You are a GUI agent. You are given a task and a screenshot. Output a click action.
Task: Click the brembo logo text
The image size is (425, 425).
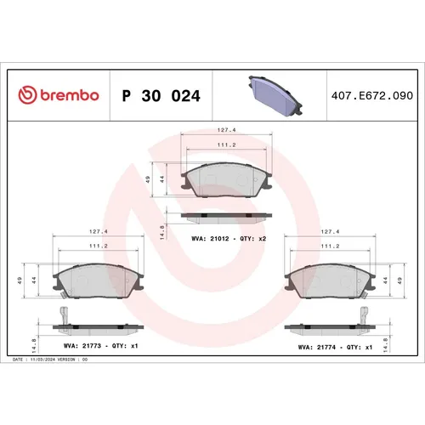tap(59, 96)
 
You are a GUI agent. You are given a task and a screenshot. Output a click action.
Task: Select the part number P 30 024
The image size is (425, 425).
tap(161, 96)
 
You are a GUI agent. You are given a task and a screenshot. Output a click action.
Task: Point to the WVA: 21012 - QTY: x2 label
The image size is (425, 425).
tap(229, 239)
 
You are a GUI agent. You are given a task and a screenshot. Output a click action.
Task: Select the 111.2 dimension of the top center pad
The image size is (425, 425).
tap(226, 145)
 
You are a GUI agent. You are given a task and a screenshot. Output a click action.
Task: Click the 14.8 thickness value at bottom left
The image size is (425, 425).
tap(33, 344)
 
